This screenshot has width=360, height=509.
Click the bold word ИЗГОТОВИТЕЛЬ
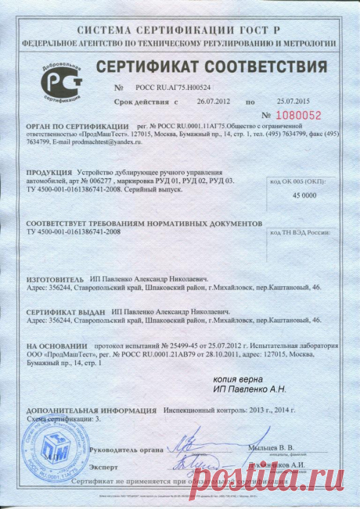(59, 278)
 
